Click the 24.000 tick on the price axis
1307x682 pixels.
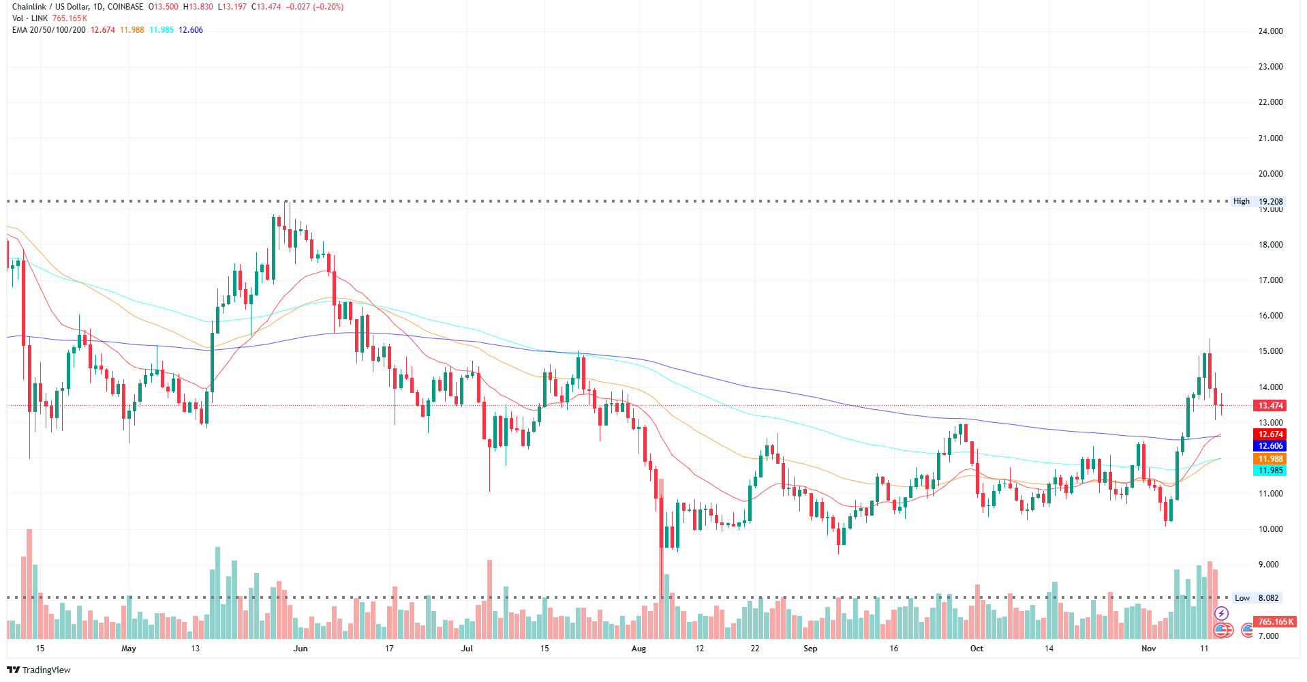point(1270,31)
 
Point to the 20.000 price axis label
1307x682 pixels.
point(1270,174)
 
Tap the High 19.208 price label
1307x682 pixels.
point(1257,201)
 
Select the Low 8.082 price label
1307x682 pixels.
point(1257,598)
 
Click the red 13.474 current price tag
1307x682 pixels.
point(1270,406)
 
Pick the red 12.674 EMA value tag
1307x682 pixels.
point(1270,434)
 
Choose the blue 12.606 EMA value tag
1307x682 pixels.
point(1270,446)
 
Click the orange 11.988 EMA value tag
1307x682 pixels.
point(1270,459)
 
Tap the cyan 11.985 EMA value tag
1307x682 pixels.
point(1270,471)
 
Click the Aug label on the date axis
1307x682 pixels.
point(639,649)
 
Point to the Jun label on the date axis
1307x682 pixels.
point(301,649)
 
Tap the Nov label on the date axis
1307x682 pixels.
point(1149,649)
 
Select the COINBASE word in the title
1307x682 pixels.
point(125,7)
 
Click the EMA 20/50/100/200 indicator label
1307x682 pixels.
point(49,30)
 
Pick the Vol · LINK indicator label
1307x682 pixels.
point(30,18)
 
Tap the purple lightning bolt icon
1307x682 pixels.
point(1221,614)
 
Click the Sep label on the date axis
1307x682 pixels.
point(810,649)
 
